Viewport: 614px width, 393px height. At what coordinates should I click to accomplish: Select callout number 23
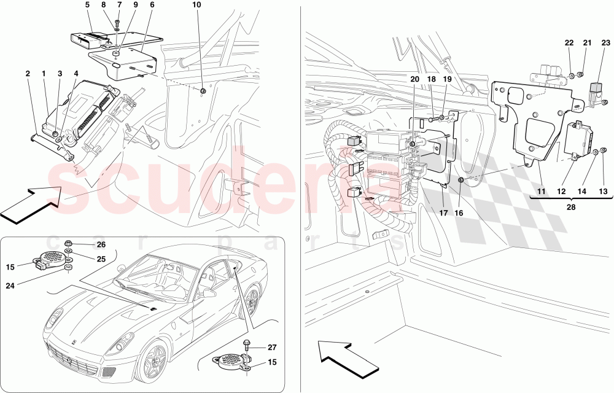(605, 42)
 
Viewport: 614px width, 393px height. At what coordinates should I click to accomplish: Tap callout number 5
(87, 4)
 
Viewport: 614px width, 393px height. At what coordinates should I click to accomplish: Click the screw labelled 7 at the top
(117, 25)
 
